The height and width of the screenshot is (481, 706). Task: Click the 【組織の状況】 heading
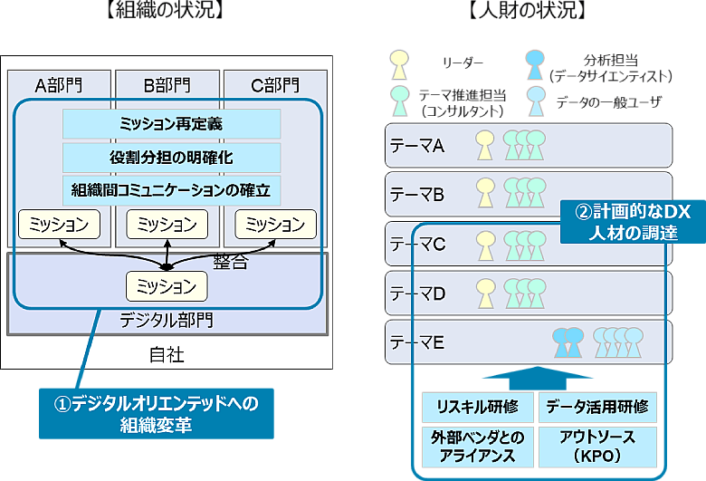click(x=165, y=12)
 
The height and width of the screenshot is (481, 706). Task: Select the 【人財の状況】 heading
click(x=529, y=12)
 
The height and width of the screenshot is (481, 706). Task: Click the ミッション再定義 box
click(x=171, y=124)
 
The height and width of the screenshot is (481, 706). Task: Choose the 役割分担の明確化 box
click(x=171, y=158)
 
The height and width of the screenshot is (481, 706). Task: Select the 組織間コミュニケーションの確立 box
click(x=171, y=190)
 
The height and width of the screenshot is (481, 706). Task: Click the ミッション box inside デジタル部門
click(x=167, y=286)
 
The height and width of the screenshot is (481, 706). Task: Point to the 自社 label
click(x=167, y=354)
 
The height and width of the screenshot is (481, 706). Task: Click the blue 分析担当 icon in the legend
click(x=536, y=64)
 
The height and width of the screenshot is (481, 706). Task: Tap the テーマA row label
click(x=417, y=145)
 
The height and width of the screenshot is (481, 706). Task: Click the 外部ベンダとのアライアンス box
click(x=477, y=446)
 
